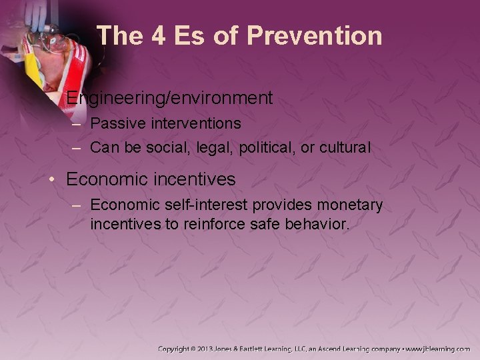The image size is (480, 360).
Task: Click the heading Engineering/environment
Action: [x=169, y=99]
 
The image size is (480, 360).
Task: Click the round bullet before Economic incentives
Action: [x=56, y=180]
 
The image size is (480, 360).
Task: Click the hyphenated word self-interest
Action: [x=209, y=205]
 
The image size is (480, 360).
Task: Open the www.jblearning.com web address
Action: [x=437, y=349]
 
